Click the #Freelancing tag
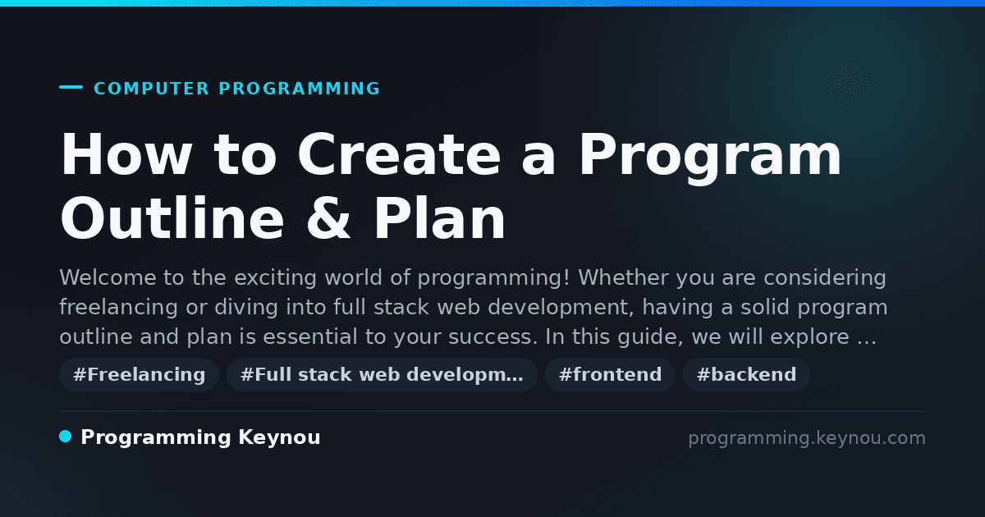click(x=139, y=374)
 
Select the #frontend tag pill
click(x=610, y=374)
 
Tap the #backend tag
click(x=746, y=374)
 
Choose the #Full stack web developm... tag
click(x=382, y=374)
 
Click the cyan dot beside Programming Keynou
click(x=65, y=437)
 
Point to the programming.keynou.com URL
click(x=807, y=438)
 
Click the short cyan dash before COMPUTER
click(x=71, y=87)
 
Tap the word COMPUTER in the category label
click(x=152, y=89)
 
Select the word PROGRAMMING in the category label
click(x=300, y=89)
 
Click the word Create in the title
click(x=399, y=155)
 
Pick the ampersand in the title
click(x=328, y=218)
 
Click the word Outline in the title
click(x=172, y=217)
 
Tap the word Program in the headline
click(x=710, y=158)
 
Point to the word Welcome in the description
click(x=108, y=277)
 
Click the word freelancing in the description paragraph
click(x=119, y=307)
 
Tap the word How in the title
click(x=126, y=155)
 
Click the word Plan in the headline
click(x=440, y=217)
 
